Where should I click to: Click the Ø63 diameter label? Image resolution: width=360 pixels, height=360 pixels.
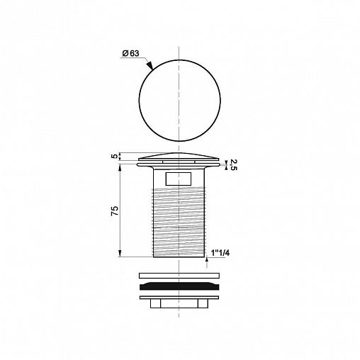131,54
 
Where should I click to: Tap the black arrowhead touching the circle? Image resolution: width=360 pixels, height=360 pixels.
150,65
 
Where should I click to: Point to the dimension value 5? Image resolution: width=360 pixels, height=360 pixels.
115,157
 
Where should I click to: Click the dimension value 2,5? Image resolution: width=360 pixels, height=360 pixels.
233,164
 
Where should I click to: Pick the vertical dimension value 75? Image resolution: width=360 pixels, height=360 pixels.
115,210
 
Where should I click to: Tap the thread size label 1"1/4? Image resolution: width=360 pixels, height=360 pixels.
220,253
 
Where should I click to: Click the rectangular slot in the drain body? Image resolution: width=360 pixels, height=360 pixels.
179,179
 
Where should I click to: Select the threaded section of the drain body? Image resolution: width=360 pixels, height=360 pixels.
179,222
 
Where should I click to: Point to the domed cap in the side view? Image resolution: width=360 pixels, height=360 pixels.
179,157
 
